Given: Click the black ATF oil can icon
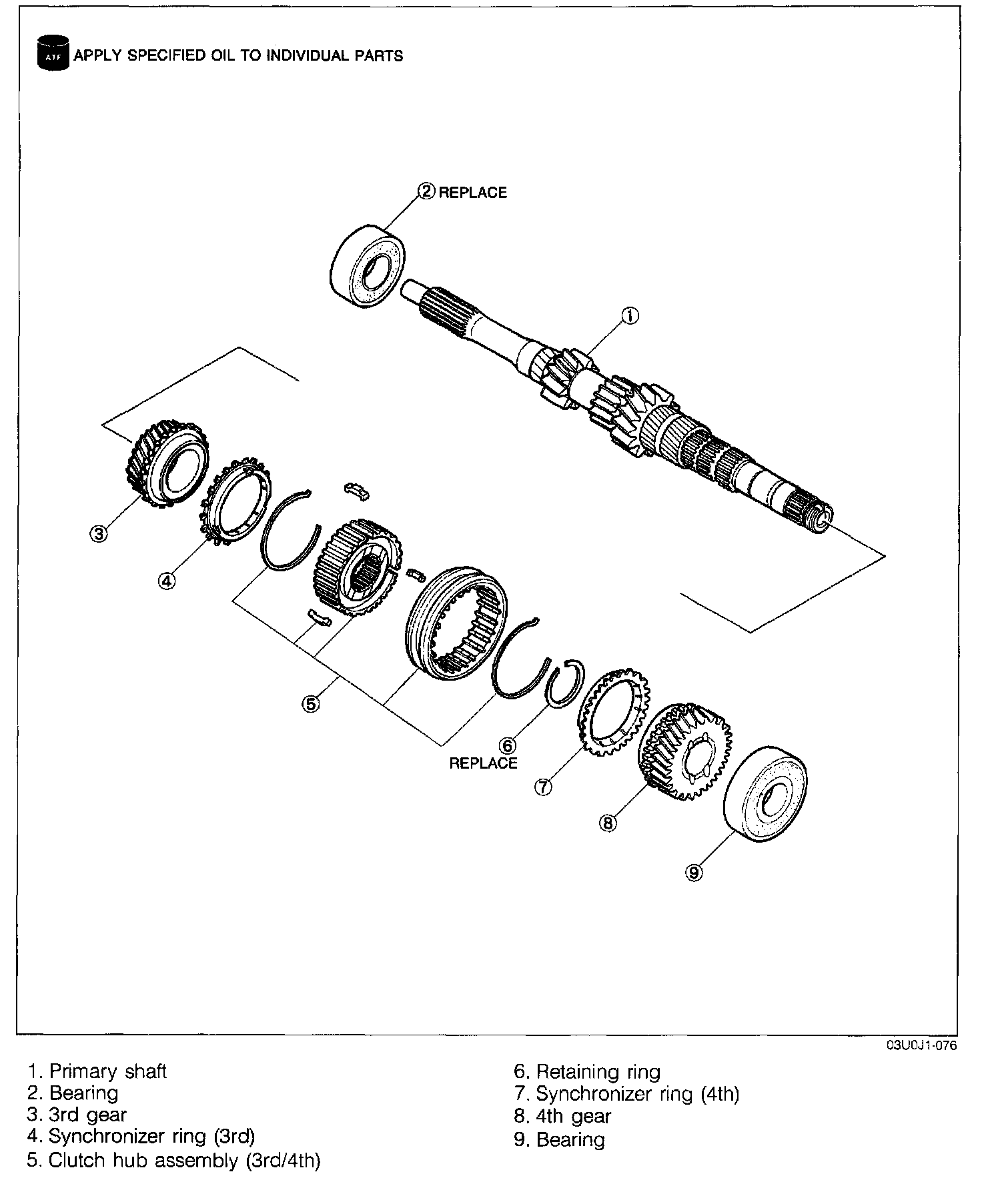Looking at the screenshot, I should (53, 55).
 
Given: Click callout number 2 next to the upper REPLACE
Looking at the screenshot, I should (426, 192).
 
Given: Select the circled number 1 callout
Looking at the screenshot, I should (630, 315).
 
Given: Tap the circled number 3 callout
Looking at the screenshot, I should (98, 533).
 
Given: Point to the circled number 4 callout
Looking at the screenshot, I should (166, 581).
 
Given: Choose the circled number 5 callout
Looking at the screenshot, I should (311, 703).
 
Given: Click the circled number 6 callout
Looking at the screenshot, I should (508, 745).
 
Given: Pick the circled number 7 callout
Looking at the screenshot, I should (543, 787).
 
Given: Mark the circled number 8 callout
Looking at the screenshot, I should (608, 823).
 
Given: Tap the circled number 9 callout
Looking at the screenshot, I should (694, 872).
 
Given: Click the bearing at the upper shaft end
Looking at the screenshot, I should (368, 268).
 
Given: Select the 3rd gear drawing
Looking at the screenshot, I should (167, 463).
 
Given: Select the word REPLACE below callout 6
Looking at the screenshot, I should (483, 763).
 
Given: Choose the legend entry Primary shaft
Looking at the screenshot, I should (97, 1071).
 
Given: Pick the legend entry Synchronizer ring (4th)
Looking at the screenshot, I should (627, 1094).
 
